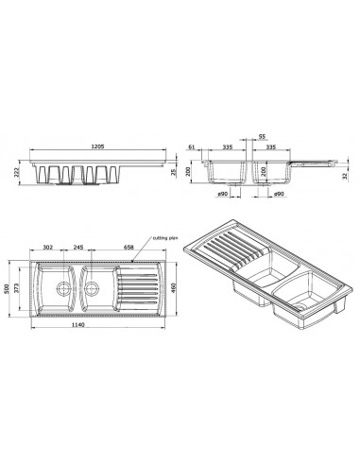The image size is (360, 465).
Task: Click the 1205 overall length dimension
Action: pos(97,146)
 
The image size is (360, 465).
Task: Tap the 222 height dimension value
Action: pos(17,172)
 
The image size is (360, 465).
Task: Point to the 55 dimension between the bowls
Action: pos(262,137)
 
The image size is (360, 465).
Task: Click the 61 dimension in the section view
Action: pos(192,146)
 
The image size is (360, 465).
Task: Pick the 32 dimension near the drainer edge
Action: pos(344,176)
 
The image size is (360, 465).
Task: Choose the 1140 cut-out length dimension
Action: pos(78,325)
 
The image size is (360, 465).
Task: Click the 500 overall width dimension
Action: pos(6,289)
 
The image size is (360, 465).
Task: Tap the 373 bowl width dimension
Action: pos(17,288)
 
